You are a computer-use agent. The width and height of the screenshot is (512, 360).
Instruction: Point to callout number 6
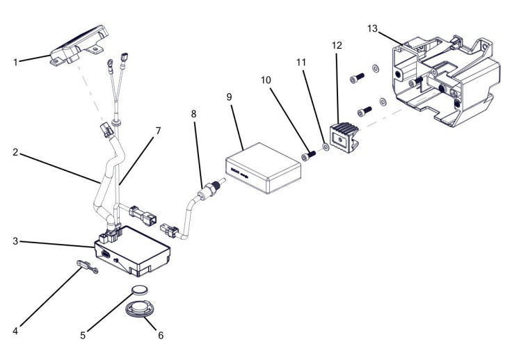click(x=160, y=335)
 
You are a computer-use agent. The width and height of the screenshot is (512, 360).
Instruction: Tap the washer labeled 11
click(x=325, y=147)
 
